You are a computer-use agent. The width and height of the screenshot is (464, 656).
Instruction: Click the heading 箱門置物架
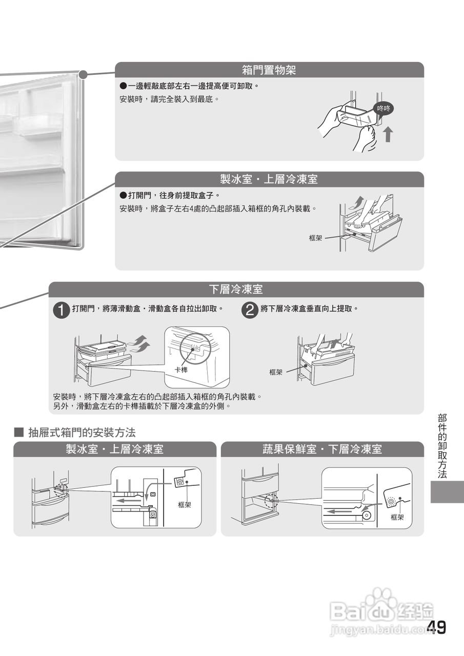(269, 70)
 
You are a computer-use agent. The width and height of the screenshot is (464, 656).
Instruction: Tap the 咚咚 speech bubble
(384, 109)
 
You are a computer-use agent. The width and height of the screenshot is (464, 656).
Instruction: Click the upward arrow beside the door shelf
(389, 134)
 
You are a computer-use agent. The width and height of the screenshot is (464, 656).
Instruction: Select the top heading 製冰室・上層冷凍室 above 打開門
(269, 179)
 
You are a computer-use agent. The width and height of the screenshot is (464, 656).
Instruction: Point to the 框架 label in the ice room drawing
(315, 238)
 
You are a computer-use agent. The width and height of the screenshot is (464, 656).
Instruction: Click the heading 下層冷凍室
(236, 290)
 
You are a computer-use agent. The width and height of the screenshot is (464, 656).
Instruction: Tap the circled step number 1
(61, 310)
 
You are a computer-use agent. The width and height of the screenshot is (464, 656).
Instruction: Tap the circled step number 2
(250, 310)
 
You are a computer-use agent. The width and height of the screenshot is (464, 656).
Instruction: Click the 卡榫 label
(181, 370)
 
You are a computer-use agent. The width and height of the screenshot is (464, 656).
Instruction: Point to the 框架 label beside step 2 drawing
(276, 372)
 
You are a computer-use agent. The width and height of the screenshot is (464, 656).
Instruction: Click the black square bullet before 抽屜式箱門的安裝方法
(19, 432)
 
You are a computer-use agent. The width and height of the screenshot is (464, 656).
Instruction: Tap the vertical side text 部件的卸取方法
(442, 446)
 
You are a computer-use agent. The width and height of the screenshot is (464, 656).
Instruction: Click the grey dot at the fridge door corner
(84, 75)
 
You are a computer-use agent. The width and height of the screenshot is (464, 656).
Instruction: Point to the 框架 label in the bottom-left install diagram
(185, 505)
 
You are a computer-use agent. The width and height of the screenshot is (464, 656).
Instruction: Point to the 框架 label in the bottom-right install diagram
(397, 518)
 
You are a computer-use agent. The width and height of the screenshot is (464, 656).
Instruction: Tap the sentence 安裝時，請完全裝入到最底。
(169, 99)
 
